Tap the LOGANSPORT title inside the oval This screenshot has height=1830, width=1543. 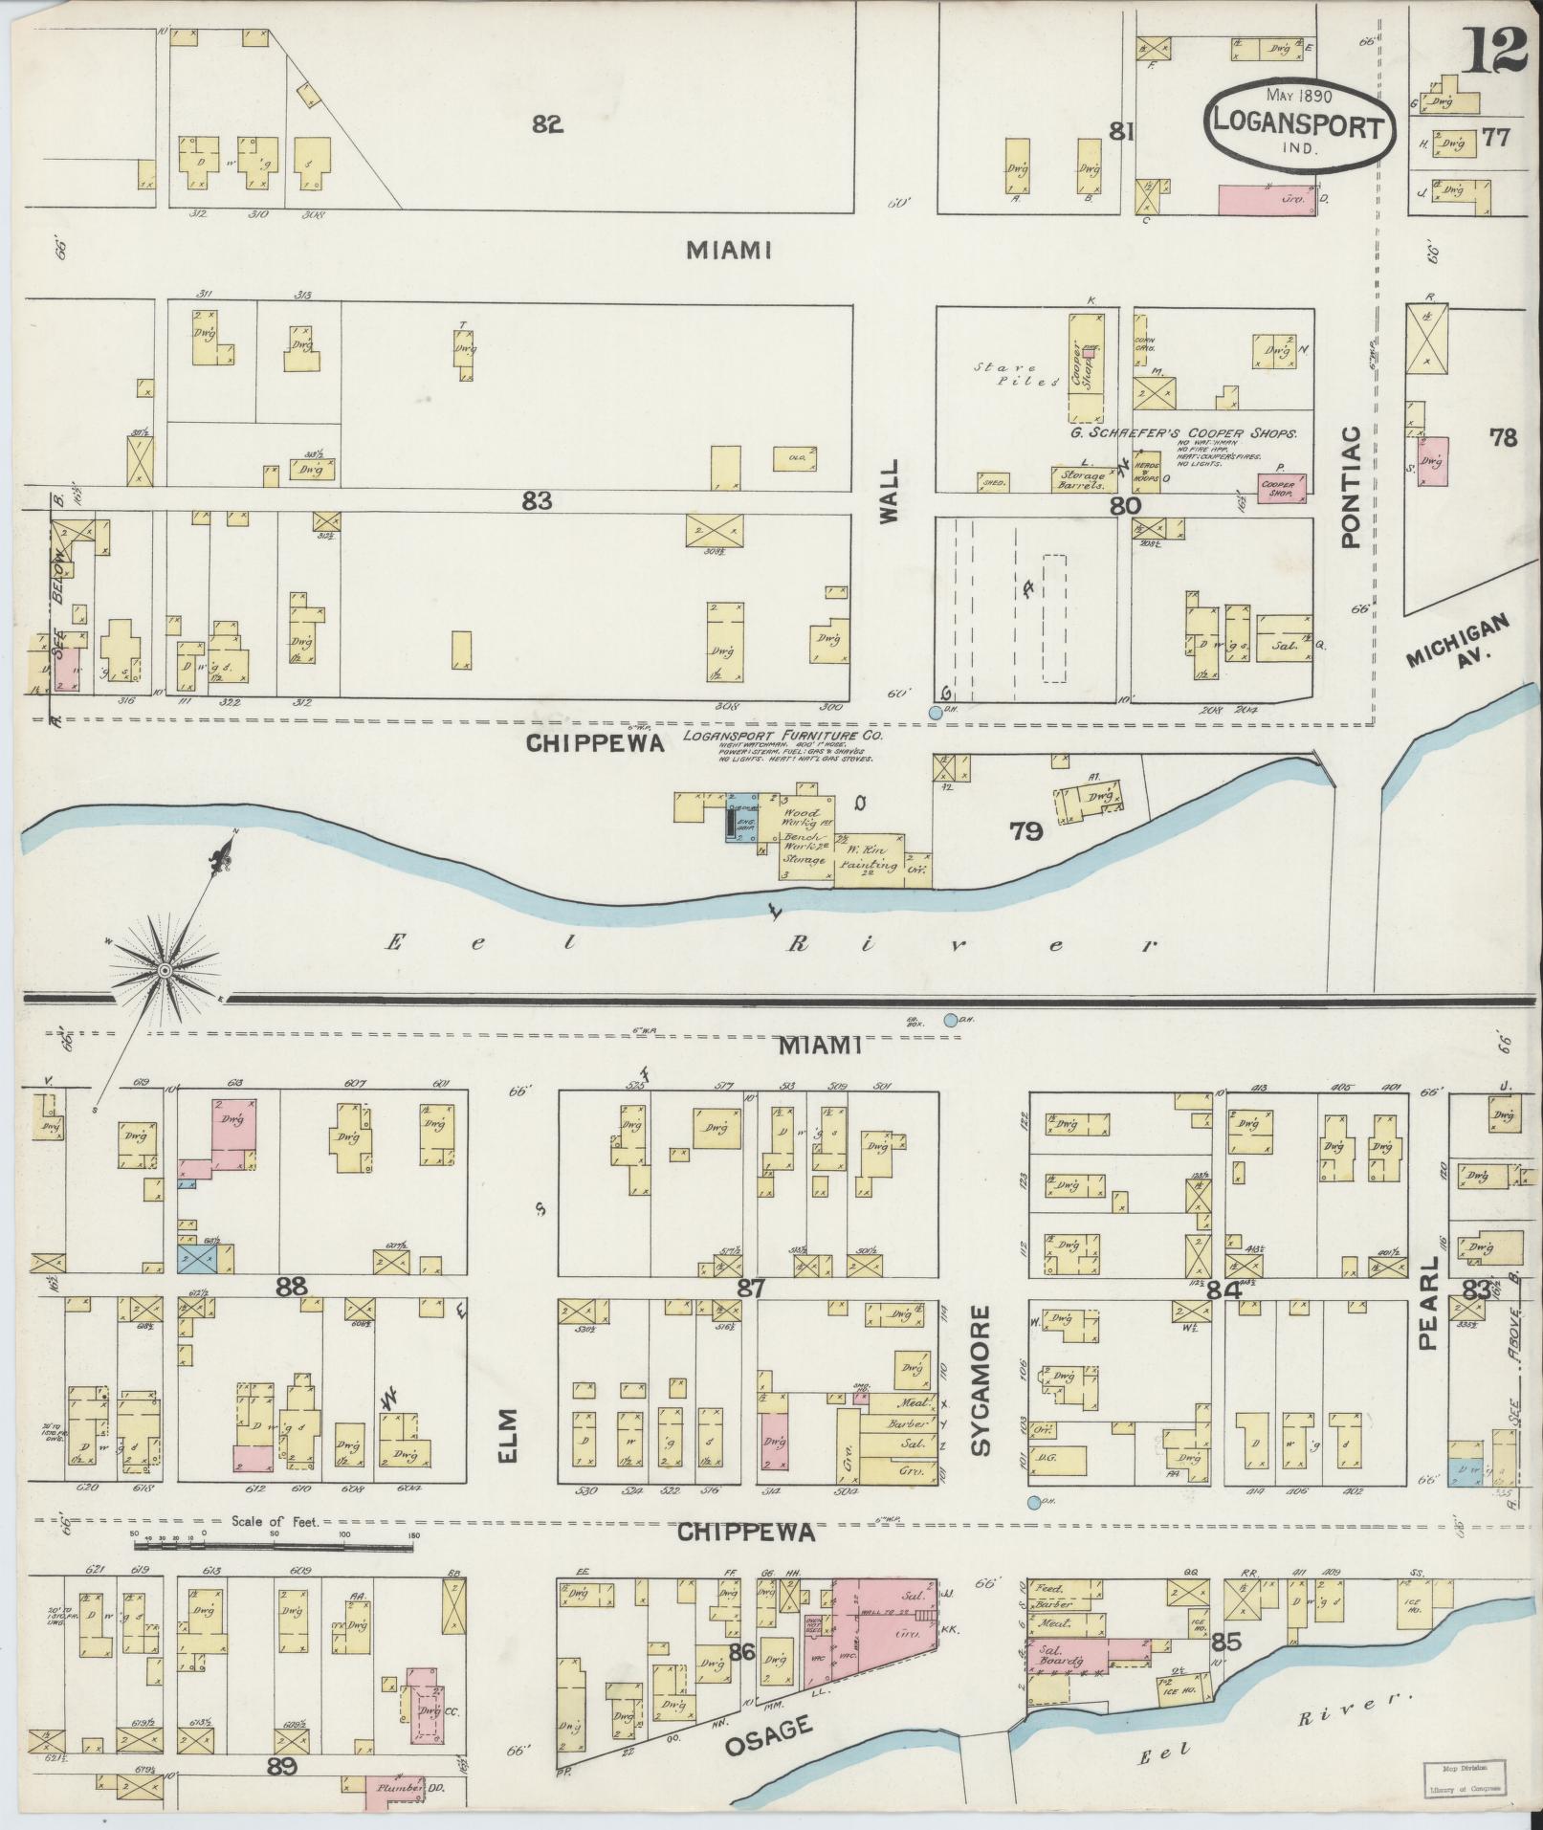pyautogui.click(x=1298, y=126)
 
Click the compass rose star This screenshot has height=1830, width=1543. pyautogui.click(x=164, y=971)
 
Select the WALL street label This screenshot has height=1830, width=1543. pyautogui.click(x=890, y=491)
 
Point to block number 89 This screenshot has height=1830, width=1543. pyautogui.click(x=283, y=1765)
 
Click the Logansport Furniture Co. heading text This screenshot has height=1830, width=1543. pyautogui.click(x=783, y=737)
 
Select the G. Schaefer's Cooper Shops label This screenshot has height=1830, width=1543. pyautogui.click(x=1183, y=432)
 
